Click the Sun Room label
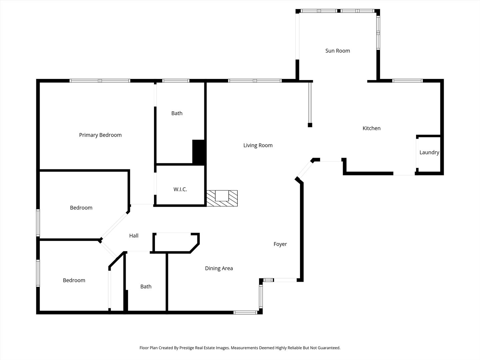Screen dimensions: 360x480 (x=337, y=51)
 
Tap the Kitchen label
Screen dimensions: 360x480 (x=371, y=128)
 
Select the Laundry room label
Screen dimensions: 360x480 (x=429, y=152)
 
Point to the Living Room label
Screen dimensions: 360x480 (x=258, y=145)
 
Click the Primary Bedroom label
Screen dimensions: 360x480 (x=100, y=135)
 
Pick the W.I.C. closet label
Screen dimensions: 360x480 (x=180, y=189)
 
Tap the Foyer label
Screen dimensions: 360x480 (x=280, y=244)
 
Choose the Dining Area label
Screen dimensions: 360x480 (x=219, y=268)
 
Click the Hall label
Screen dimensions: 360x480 (x=134, y=236)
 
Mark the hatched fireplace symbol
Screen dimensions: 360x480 (x=222, y=198)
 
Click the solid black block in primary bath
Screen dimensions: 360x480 (x=198, y=152)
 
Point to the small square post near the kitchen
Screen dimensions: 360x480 (x=310, y=125)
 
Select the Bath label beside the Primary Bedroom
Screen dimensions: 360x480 (x=177, y=113)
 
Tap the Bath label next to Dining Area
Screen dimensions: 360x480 (x=146, y=286)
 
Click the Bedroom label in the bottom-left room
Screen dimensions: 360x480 (x=74, y=280)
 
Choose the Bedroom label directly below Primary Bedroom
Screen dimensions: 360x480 (x=81, y=208)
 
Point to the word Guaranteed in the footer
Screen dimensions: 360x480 (x=329, y=348)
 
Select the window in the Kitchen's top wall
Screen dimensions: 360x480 (x=407, y=81)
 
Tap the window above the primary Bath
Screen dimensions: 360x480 (x=176, y=81)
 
